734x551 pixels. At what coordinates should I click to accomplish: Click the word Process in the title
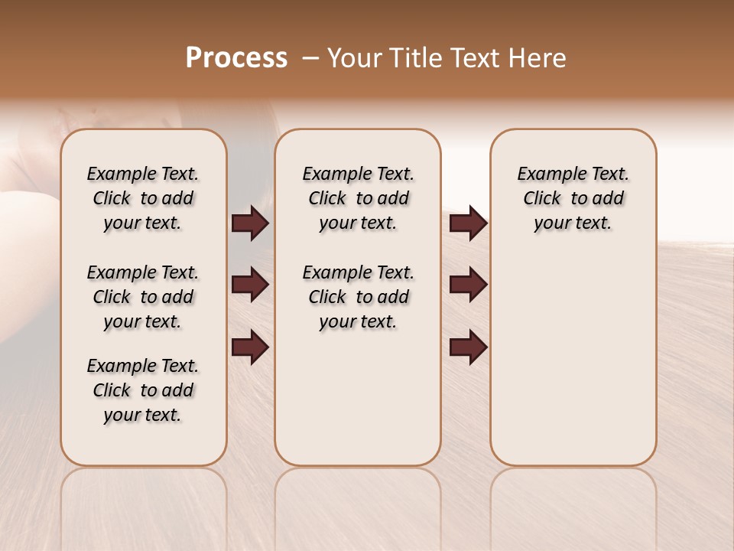coord(236,58)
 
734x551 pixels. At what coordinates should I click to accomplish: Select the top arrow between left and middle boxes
coord(250,223)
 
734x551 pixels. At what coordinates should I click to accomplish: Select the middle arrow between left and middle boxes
coord(250,285)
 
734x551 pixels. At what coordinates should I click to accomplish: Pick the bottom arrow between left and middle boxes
coord(250,347)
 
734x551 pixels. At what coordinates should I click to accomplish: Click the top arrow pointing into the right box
coord(468,223)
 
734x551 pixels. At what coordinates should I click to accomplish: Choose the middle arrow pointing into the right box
coord(468,285)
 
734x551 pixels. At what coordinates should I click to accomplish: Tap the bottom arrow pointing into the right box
coord(468,347)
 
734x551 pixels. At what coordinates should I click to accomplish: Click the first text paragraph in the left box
coord(143,198)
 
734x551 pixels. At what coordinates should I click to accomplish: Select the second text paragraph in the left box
coord(143,297)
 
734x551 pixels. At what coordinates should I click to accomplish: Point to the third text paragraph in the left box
coord(143,390)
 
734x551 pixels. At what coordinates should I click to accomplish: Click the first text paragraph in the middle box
coord(358,198)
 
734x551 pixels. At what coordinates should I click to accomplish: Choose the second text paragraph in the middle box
coord(358,297)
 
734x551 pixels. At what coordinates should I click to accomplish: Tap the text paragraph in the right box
coord(573,198)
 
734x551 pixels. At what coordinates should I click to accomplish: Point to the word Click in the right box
coord(542,199)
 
